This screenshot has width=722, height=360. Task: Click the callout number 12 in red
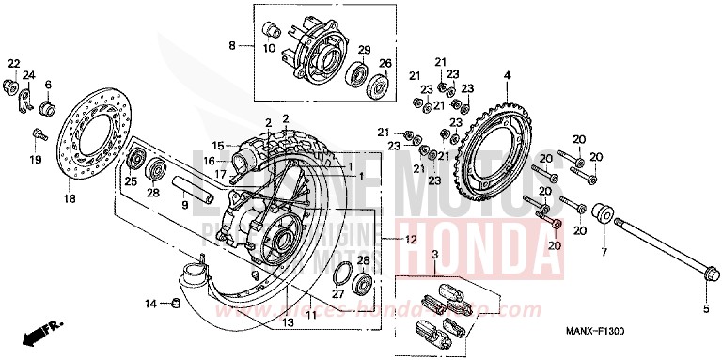tap(410, 240)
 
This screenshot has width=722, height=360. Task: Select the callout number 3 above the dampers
tap(435, 255)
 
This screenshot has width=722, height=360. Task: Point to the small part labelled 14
tap(174, 302)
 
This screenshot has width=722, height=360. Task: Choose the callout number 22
tap(13, 63)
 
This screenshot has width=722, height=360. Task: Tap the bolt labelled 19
tap(39, 134)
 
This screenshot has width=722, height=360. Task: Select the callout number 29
tap(364, 49)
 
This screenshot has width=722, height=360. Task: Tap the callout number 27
tap(337, 295)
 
